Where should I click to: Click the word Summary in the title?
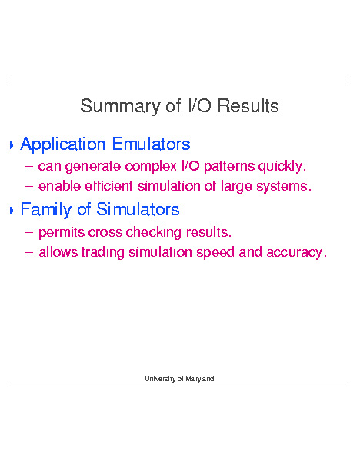[120, 107]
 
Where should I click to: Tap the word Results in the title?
[248, 105]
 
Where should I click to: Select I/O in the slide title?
[199, 105]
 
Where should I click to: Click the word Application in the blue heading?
[62, 144]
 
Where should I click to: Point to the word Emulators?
[151, 144]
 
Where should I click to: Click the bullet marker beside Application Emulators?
[12, 145]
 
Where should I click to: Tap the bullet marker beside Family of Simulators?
[12, 211]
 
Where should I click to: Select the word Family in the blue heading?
[46, 210]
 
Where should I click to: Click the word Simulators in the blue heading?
[138, 209]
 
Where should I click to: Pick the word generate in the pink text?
[93, 167]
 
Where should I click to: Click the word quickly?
[282, 166]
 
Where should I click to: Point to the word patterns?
[229, 167]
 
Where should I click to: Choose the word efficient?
[108, 186]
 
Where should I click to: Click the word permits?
[62, 232]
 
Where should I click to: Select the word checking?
[154, 232]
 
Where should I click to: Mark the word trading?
[103, 252]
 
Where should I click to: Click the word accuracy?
[296, 253]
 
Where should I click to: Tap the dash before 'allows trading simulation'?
[29, 253]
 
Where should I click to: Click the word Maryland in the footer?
[200, 379]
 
